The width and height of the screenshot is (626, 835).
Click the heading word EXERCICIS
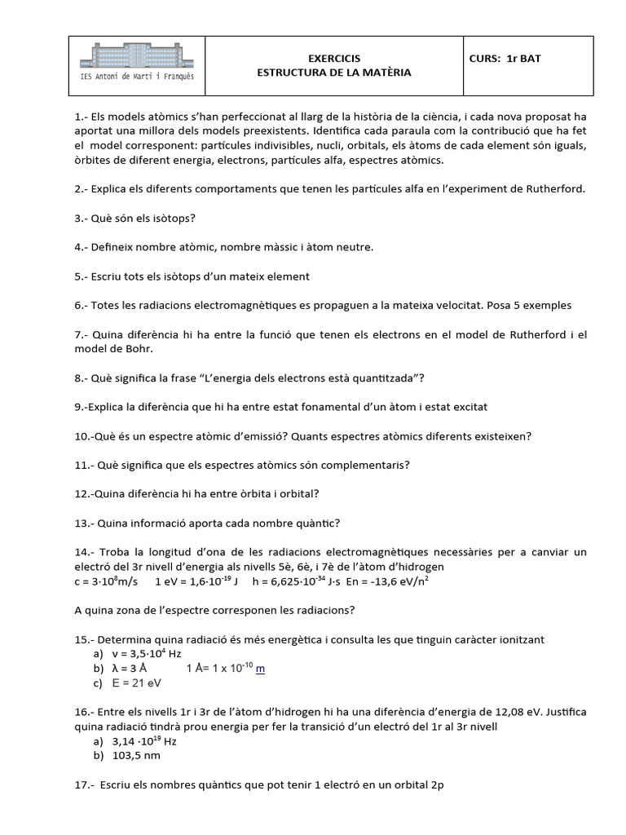click(x=333, y=59)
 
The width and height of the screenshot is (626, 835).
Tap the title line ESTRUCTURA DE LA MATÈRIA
click(x=333, y=73)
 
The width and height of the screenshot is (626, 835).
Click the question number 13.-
click(x=86, y=523)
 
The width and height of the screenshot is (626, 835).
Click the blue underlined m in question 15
click(x=260, y=669)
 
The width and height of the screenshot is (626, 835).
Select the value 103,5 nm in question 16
click(x=137, y=755)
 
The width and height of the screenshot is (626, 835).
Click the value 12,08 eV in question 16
click(x=477, y=713)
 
